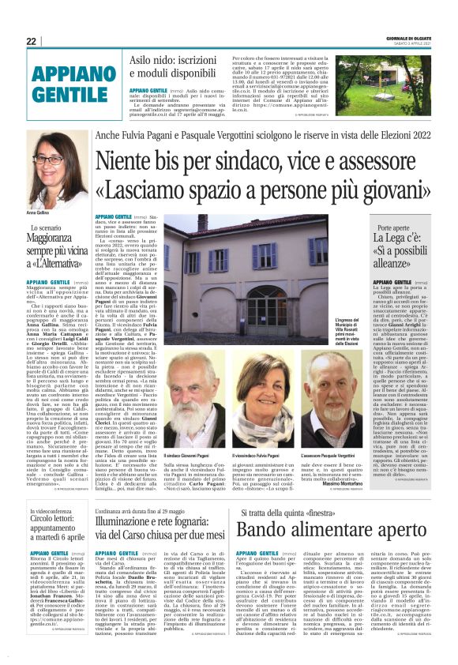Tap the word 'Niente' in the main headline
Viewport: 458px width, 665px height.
(129, 161)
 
